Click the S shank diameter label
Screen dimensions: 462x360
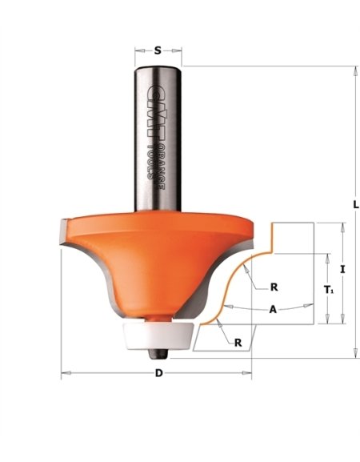coord(158,50)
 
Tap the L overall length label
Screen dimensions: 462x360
coord(355,205)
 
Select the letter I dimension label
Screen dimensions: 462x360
coord(342,270)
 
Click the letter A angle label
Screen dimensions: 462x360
coord(274,309)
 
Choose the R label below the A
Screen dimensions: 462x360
coord(238,342)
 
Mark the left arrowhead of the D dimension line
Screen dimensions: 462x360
coord(65,373)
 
